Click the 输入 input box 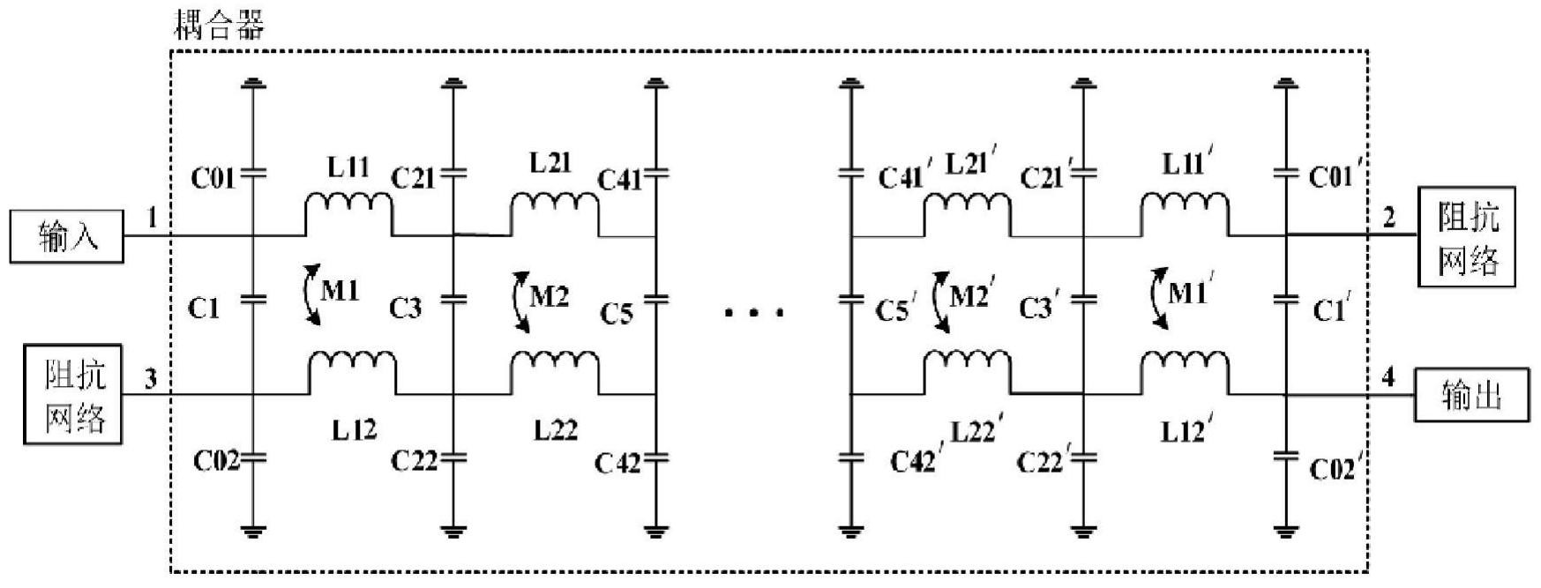coord(67,236)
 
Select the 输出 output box coord(1471,394)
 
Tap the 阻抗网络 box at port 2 coord(1466,236)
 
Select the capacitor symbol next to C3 coord(453,299)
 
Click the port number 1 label coord(152,217)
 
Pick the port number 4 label coord(1388,377)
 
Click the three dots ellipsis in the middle coord(753,311)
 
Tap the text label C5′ coord(896,309)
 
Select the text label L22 coord(556,430)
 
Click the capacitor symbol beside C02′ coord(1286,457)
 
